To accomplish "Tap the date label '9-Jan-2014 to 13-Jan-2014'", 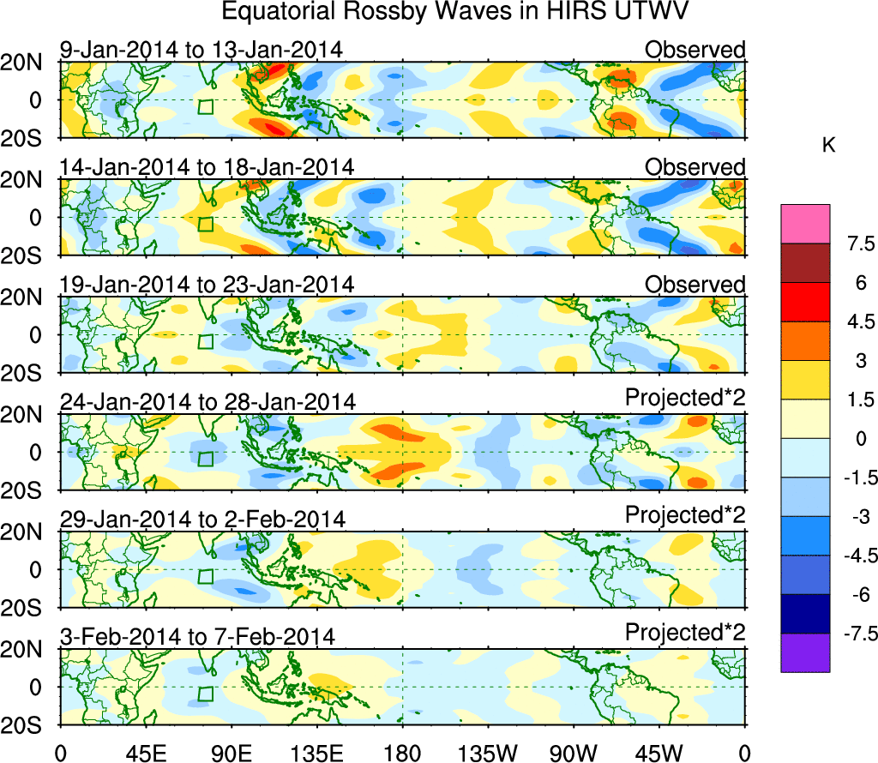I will pyautogui.click(x=201, y=51).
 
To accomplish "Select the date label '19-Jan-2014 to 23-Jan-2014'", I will pyautogui.click(x=207, y=285).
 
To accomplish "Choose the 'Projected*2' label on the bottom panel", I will pyautogui.click(x=684, y=633).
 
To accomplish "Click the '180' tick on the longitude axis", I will pyautogui.click(x=402, y=752).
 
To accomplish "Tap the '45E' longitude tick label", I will pyautogui.click(x=145, y=752).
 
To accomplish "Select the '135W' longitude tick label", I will pyautogui.click(x=488, y=752).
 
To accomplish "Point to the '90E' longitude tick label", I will pyautogui.click(x=231, y=752).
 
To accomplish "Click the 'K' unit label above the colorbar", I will pyautogui.click(x=828, y=147).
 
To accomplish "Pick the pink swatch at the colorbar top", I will pyautogui.click(x=805, y=224).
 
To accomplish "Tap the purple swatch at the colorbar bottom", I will pyautogui.click(x=805, y=652).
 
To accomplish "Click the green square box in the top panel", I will pyautogui.click(x=205, y=107).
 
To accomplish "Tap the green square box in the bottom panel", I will pyautogui.click(x=205, y=694).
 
